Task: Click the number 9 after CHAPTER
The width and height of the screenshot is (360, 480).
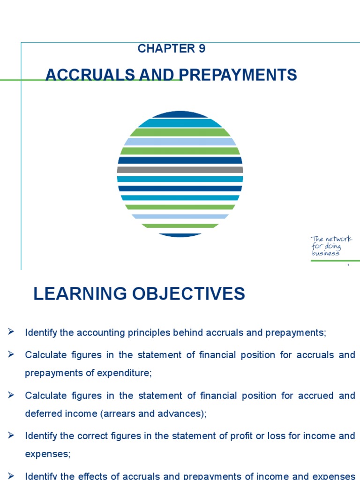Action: (x=202, y=49)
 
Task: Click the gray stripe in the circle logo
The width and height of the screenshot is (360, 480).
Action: (x=180, y=170)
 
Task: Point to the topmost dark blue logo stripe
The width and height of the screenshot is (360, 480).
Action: (x=180, y=114)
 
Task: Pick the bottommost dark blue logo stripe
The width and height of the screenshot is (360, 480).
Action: (x=180, y=234)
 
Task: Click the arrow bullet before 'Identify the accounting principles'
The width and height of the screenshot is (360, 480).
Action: (x=11, y=332)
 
